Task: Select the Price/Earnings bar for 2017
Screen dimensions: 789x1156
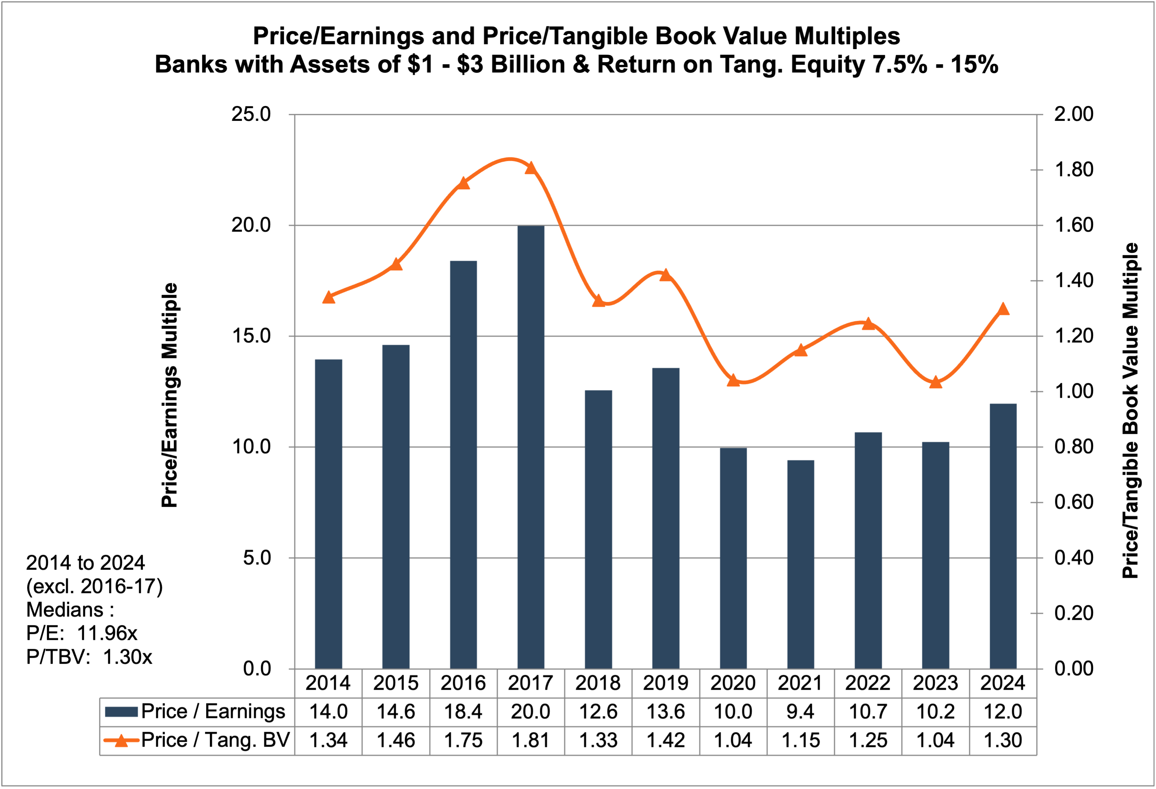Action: [531, 447]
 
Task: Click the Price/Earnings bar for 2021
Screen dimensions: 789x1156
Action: [800, 564]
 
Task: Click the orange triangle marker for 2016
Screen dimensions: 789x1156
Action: [463, 183]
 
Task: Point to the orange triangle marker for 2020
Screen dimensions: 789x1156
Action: [733, 380]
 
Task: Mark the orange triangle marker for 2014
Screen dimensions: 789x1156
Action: [328, 297]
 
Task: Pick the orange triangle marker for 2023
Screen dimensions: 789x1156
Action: [936, 382]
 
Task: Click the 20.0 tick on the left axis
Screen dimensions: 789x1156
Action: [251, 225]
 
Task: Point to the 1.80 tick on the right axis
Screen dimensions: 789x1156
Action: [1074, 170]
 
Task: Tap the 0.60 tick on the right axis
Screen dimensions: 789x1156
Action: [1074, 502]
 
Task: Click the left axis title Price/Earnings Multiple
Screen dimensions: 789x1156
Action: [170, 395]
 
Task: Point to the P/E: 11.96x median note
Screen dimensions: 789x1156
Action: [81, 633]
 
